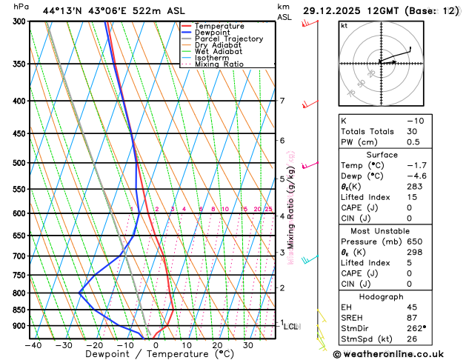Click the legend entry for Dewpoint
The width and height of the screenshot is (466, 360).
[215, 33]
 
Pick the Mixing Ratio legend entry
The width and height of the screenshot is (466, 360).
[219, 64]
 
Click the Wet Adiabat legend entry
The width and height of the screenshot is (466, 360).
[218, 52]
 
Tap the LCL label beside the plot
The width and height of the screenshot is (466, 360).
[291, 326]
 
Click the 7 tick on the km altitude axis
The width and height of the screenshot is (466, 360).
[282, 101]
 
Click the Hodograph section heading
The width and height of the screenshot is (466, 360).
[382, 296]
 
